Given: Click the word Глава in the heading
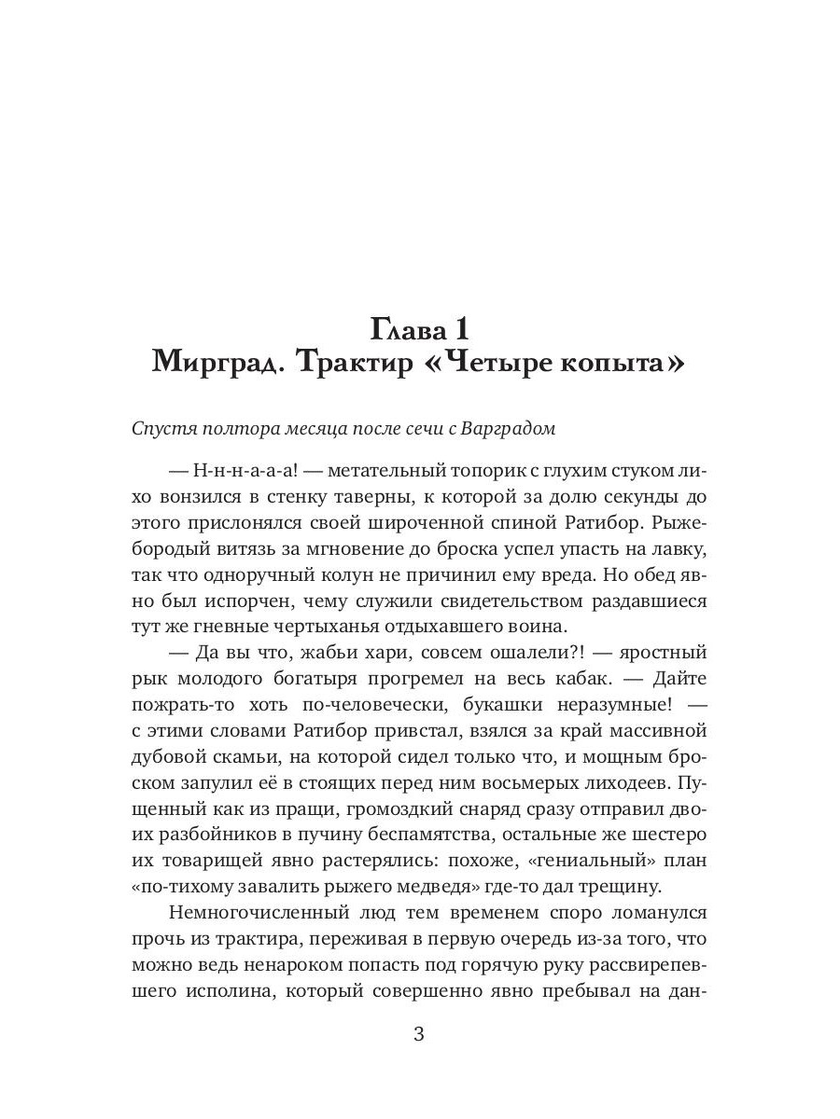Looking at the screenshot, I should point(410,329).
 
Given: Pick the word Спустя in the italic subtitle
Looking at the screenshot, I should point(164,429).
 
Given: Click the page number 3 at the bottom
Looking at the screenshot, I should point(419,1034).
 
